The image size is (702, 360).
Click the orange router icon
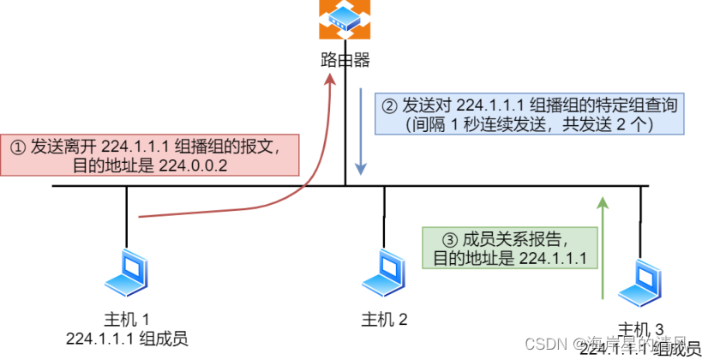coord(345,20)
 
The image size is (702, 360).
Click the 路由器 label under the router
coord(345,61)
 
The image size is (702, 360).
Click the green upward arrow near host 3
coord(603,249)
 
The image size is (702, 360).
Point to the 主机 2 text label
coord(383,320)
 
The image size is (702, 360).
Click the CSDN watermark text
coord(543,343)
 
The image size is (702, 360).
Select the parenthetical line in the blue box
coord(529,124)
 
